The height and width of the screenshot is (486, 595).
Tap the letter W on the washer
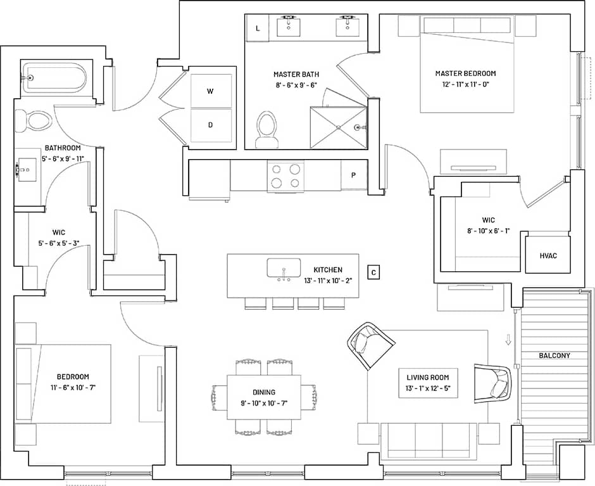pyautogui.click(x=211, y=91)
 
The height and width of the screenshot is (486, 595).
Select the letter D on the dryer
pyautogui.click(x=211, y=124)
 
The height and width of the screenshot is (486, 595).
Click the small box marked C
pyautogui.click(x=373, y=273)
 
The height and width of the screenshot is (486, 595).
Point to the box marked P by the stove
pyautogui.click(x=353, y=176)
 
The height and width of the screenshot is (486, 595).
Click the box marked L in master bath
pyautogui.click(x=258, y=29)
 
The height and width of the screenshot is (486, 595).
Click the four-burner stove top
pyautogui.click(x=285, y=176)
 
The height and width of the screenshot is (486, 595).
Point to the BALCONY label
pyautogui.click(x=554, y=355)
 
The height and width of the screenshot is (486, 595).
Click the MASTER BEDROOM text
pyautogui.click(x=465, y=74)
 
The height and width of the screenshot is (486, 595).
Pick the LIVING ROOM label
pyautogui.click(x=428, y=377)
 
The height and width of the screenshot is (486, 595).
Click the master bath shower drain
pyautogui.click(x=339, y=127)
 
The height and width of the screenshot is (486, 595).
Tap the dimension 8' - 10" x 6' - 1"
pyautogui.click(x=488, y=231)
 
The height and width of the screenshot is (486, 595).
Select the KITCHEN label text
pyautogui.click(x=328, y=269)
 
